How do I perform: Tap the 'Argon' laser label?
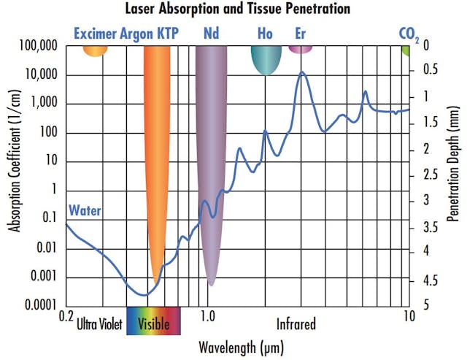(x=136, y=33)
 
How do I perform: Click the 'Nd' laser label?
(x=210, y=33)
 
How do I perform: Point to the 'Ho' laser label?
(x=266, y=33)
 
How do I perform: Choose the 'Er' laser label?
(x=300, y=33)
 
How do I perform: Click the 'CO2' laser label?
(x=408, y=34)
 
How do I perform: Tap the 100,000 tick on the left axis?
(x=36, y=46)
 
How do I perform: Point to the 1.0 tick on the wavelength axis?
(x=207, y=316)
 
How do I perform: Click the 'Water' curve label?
(x=85, y=211)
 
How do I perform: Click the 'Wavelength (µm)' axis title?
(x=240, y=345)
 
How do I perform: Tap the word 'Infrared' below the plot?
(x=296, y=323)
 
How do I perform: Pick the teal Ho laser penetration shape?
(x=266, y=58)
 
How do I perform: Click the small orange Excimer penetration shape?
(x=95, y=50)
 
